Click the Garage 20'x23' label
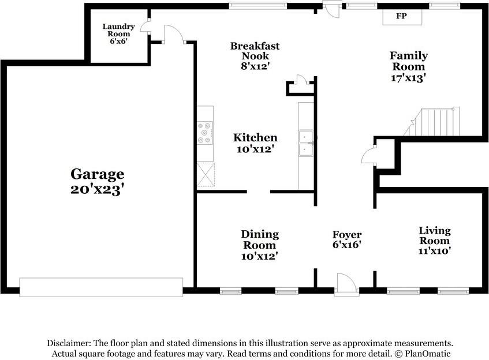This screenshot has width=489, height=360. coord(97,181)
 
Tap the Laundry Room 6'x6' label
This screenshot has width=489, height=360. coord(119,34)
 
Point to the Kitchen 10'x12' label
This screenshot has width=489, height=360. coord(255,142)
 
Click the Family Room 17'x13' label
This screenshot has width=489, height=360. coord(408,66)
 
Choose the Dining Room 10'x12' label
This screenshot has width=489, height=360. coord(259,245)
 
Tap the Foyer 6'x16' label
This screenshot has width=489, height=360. coord(346,239)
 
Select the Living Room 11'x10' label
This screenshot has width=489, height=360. coord(434,240)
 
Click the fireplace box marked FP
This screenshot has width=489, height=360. coord(401,17)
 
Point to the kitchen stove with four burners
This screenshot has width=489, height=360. coord(204,133)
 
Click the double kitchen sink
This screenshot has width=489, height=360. coord(305,143)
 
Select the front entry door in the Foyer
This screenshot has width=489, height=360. coord(346,285)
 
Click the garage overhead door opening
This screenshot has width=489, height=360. coord(101,286)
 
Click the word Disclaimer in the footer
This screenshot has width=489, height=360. coord(70,343)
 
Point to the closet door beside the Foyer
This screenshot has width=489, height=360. coord(368,155)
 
